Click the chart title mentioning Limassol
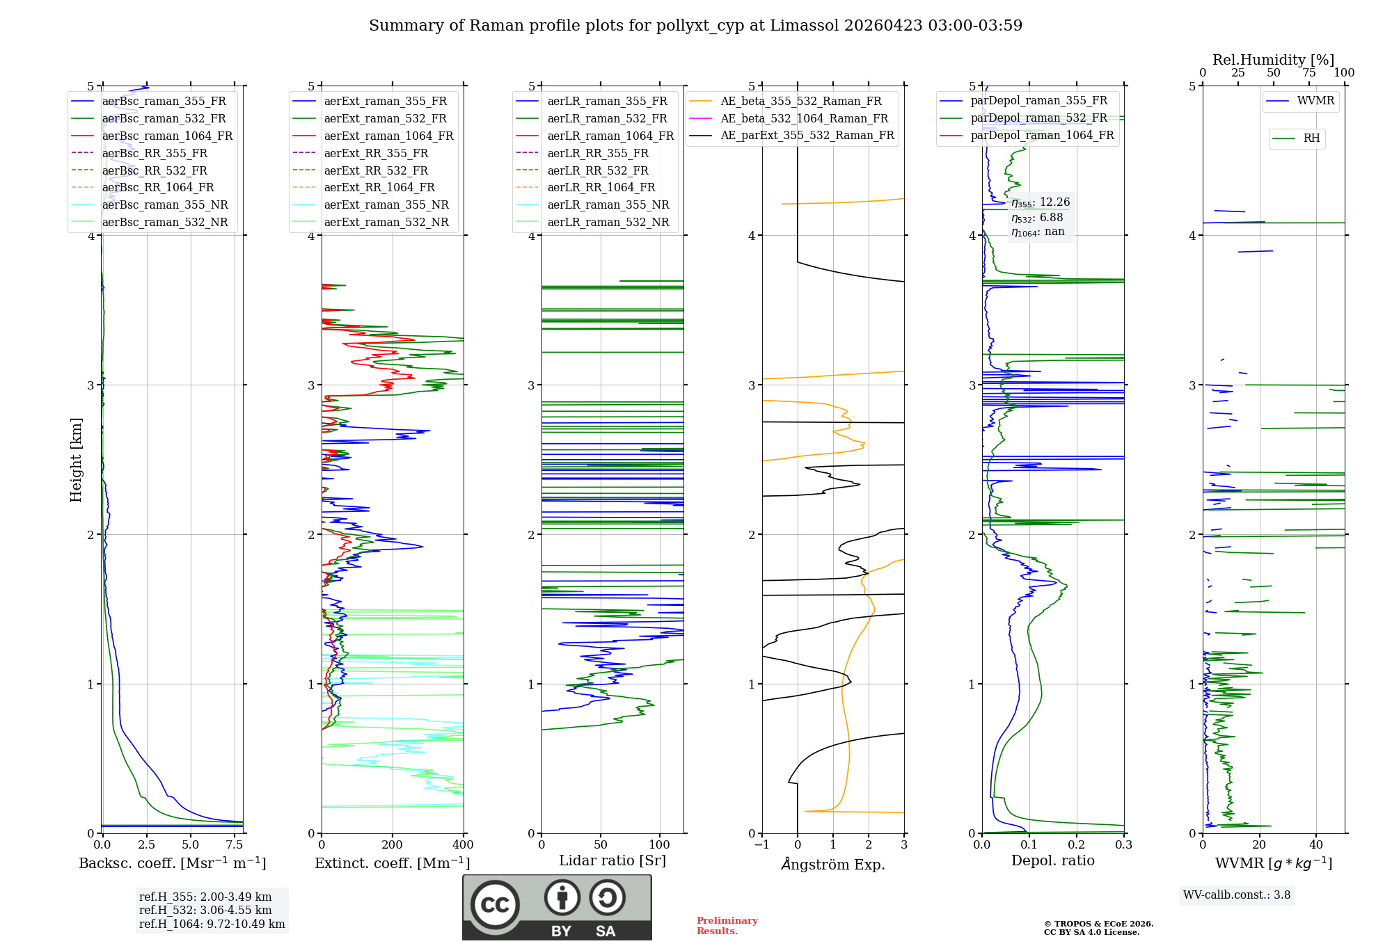(x=695, y=26)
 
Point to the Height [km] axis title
(x=76, y=460)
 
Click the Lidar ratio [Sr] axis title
(x=612, y=860)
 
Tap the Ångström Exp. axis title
(x=833, y=864)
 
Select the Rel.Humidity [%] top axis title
(x=1274, y=60)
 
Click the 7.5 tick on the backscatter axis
(x=235, y=845)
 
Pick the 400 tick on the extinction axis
(x=464, y=845)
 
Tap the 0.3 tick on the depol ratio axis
(x=1124, y=845)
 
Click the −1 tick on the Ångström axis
(x=762, y=845)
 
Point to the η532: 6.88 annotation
(x=1037, y=218)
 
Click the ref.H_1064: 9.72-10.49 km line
(x=212, y=924)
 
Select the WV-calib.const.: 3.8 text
(x=1237, y=895)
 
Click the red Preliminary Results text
(x=727, y=926)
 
